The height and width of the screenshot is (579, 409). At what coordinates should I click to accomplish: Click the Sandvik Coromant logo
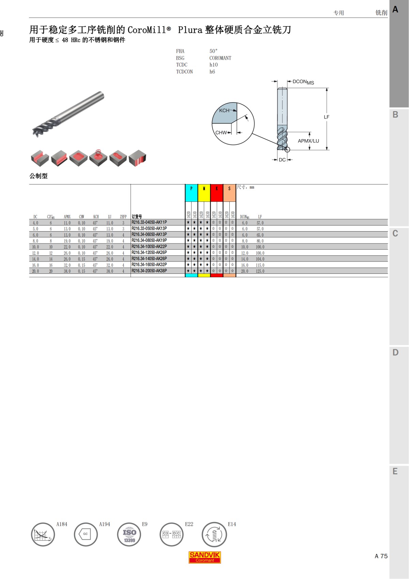pos(204,557)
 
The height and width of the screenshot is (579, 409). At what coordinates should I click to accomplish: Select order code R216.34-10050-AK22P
pos(149,247)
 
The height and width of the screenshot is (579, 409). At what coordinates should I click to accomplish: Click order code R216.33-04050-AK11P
pos(149,222)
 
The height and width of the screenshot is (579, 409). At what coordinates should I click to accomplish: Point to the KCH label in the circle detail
pos(224,110)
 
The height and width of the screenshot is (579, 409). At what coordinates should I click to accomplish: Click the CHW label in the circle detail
pos(221,133)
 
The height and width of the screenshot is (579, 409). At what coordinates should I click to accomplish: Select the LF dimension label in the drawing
pos(327,117)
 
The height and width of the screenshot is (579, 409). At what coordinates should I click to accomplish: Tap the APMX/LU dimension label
pos(308,141)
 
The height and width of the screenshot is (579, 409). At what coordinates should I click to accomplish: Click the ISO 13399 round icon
pos(129,534)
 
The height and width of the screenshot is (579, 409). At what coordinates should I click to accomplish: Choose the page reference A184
pos(62,524)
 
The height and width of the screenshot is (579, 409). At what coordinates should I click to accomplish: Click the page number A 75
pos(381,556)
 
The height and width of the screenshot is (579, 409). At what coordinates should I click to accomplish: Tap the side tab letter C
pos(395,234)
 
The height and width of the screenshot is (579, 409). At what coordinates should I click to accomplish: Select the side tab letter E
pos(395,471)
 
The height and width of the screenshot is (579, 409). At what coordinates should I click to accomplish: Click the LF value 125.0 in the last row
pos(260,271)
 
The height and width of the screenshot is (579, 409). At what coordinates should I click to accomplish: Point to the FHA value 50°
pos(213,51)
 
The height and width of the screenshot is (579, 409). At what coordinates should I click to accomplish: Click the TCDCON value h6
pos(212,72)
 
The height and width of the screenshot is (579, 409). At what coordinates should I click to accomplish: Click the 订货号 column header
pos(137,217)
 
